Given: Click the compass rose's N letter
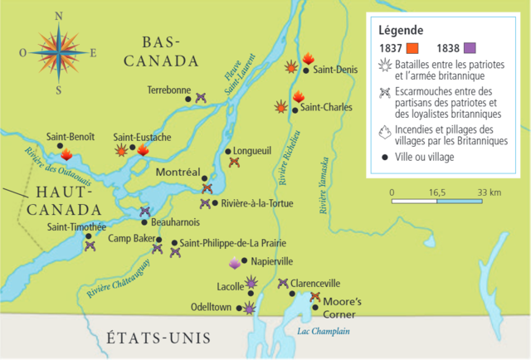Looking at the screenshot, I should click(x=56, y=16).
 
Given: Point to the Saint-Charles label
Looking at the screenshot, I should click(x=327, y=108).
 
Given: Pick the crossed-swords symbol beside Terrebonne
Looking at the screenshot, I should click(x=200, y=97).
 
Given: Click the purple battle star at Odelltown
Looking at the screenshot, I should click(x=249, y=309).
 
